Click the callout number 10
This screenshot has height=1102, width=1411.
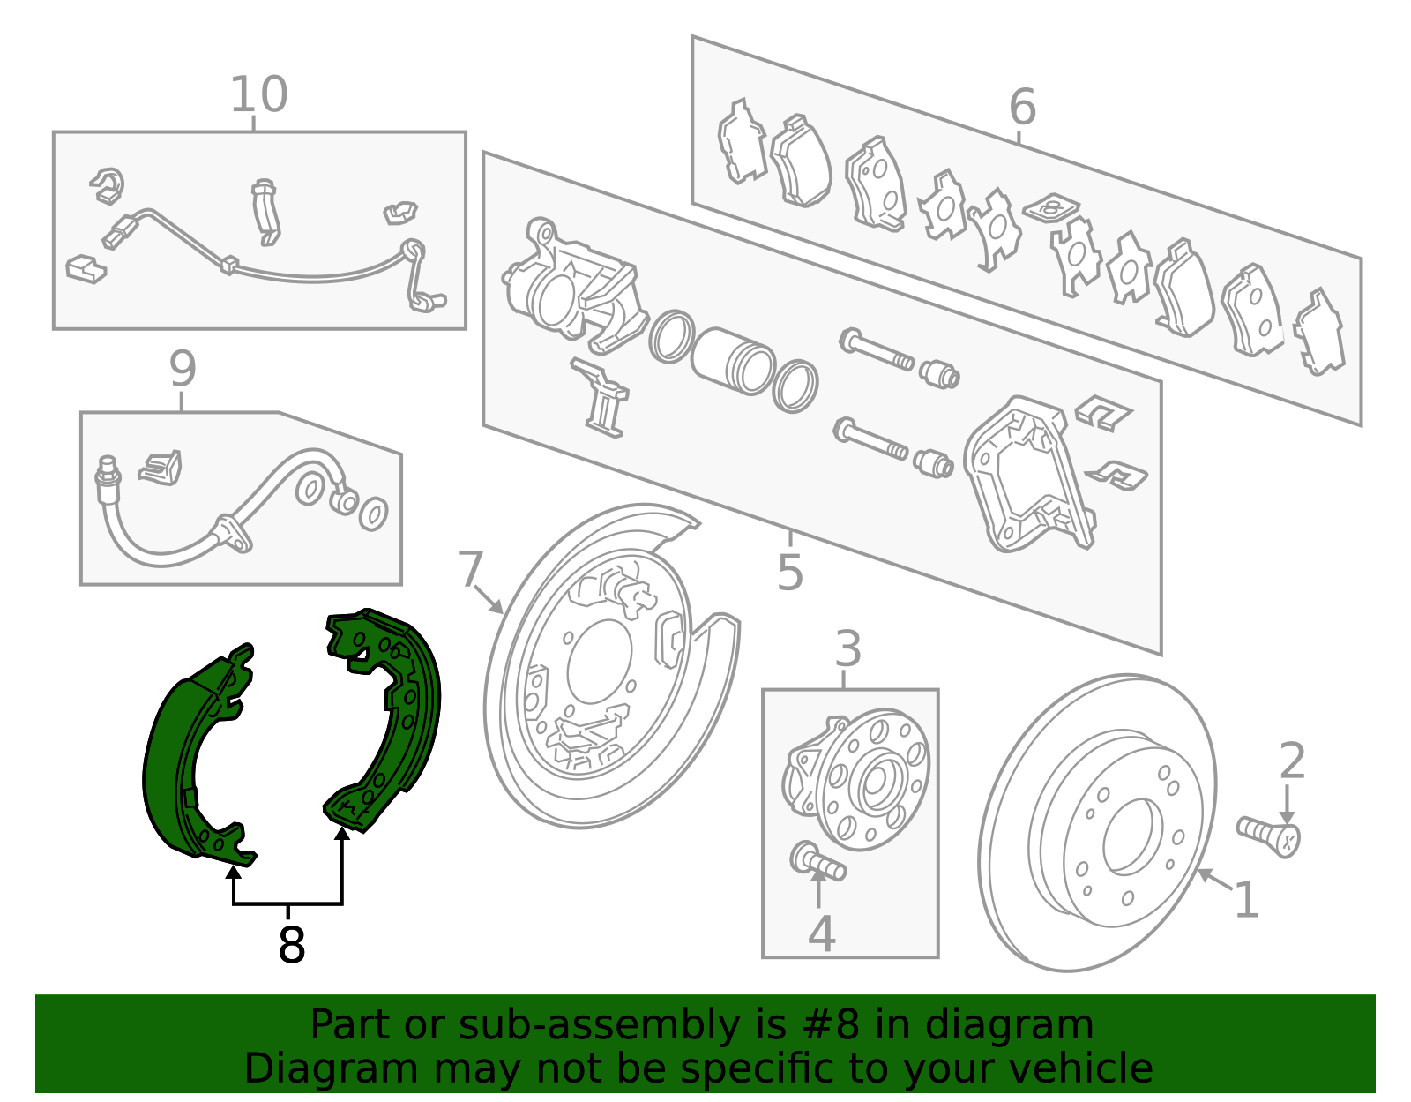coord(258,94)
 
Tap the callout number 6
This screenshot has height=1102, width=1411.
coord(1022,107)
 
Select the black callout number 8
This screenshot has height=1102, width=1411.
coord(291,945)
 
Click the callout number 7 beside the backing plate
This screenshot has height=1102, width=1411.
coord(471,569)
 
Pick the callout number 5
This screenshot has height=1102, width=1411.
coord(790,573)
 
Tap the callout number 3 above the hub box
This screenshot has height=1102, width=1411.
coord(847,649)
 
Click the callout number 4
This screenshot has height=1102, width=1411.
coord(821,934)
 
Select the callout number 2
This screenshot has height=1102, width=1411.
coord(1292,761)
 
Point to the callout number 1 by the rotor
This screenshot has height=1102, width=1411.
coord(1246,901)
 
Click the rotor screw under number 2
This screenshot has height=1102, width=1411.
coord(1270,834)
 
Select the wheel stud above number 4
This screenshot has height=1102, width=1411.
coord(817,861)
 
